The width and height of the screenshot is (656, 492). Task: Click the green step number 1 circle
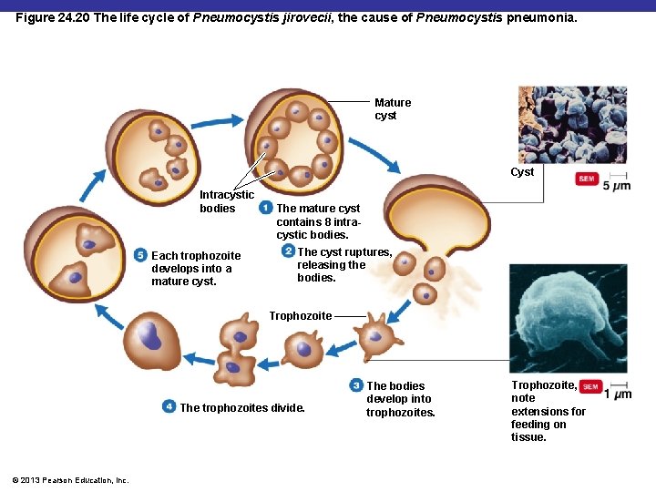coord(265,209)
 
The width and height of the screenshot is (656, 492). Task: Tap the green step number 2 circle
coord(288,251)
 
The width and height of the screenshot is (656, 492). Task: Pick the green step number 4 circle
coord(169,406)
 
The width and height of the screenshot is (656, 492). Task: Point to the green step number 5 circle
coord(140,255)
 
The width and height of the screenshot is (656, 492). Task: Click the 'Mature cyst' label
coord(393,109)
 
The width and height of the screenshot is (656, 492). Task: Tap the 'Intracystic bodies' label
coord(226,201)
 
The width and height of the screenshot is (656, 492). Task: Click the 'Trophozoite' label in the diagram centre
coord(301,316)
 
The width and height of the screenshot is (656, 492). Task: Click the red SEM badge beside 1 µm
coord(590,386)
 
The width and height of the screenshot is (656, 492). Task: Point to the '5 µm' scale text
coord(617,186)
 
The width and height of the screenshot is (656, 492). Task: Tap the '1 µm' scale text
coord(618,394)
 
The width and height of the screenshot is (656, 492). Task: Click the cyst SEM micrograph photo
coord(572,124)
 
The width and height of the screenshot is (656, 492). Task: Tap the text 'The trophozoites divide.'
coord(242,408)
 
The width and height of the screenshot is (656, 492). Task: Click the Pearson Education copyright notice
coord(70,480)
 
